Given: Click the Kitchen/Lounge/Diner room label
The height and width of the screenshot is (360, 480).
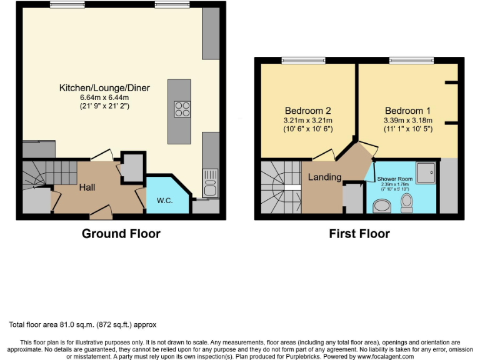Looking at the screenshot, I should pyautogui.click(x=104, y=87).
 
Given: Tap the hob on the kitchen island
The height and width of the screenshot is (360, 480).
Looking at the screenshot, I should pyautogui.click(x=182, y=109).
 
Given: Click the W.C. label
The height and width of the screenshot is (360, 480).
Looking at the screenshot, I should pyautogui.click(x=164, y=201).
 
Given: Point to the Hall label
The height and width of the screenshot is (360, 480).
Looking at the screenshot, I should pyautogui.click(x=87, y=187).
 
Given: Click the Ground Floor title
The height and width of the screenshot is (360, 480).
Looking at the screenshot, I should pyautogui.click(x=121, y=234).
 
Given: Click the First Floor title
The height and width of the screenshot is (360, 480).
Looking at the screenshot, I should pyautogui.click(x=359, y=234).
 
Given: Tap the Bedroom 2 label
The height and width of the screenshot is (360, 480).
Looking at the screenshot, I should pyautogui.click(x=307, y=109).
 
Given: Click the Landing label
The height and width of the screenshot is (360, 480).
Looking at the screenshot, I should pyautogui.click(x=324, y=177).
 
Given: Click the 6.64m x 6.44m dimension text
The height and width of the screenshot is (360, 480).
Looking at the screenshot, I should pyautogui.click(x=104, y=97).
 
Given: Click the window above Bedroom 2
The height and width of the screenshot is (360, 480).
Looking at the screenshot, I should pyautogui.click(x=299, y=61).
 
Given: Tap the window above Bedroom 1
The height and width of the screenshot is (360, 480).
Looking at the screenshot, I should pyautogui.click(x=407, y=61).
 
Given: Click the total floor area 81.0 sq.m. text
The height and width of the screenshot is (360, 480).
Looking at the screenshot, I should pyautogui.click(x=82, y=324).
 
